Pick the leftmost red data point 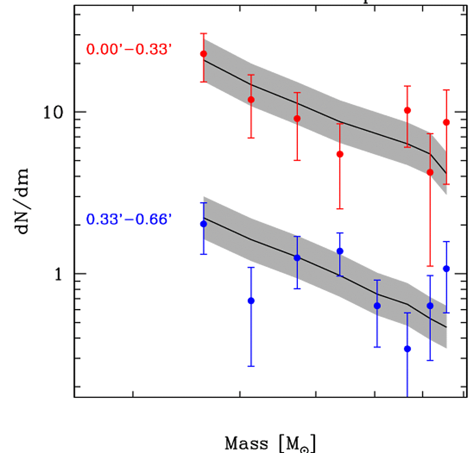point(204,54)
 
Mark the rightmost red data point point(446,122)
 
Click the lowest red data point point(430,172)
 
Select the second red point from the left point(251,99)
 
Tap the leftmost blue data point point(204,224)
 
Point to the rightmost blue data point point(446,269)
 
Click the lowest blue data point point(407,349)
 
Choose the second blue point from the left point(251,300)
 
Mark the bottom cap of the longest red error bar point(430,266)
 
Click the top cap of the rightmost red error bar point(446,90)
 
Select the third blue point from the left point(297,257)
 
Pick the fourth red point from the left point(340,154)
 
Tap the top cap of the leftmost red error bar point(204,33)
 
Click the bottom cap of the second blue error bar point(251,366)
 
